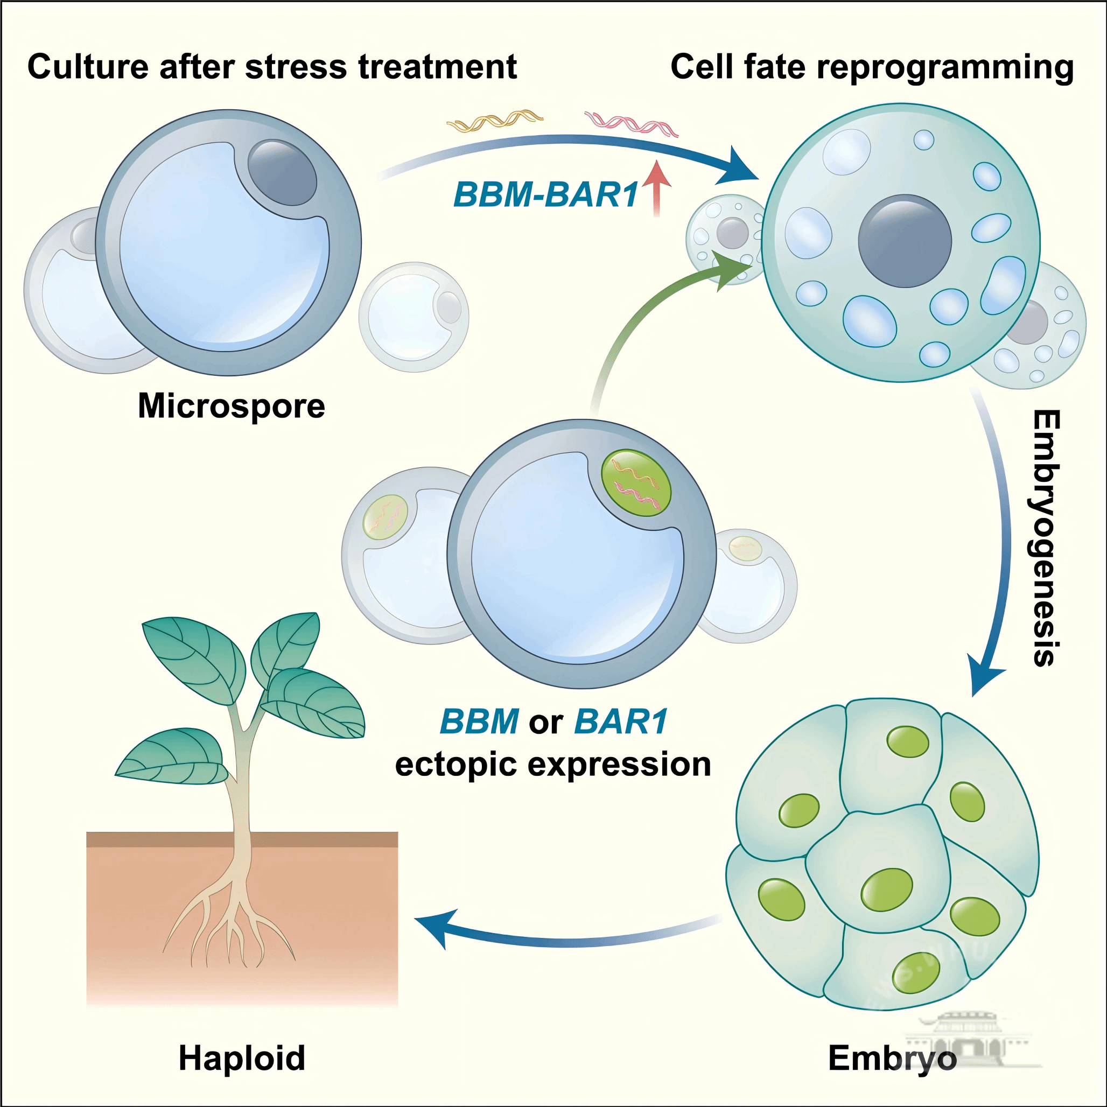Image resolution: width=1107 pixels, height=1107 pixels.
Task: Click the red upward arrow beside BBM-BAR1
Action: point(657,187)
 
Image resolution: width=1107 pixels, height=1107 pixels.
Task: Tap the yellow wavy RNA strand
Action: point(494,120)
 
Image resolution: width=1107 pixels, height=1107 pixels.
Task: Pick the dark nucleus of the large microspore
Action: point(282,172)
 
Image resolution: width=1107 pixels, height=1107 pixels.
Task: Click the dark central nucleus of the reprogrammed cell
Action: point(905,241)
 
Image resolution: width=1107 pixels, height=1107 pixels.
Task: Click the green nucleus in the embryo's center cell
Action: point(886,890)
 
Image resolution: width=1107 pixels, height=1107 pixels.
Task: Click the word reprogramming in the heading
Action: point(945,68)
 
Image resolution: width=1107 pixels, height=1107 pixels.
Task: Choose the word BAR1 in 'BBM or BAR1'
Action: point(621,721)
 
